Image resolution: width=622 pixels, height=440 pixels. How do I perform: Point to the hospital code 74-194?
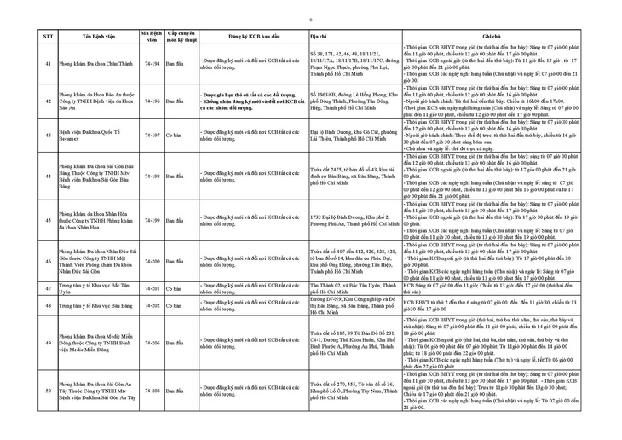pyautogui.click(x=153, y=64)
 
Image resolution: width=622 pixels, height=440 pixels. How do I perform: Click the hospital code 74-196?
pyautogui.click(x=153, y=101)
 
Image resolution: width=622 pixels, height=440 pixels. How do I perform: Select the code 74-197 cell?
pyautogui.click(x=153, y=135)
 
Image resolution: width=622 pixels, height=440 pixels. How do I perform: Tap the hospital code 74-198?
pyautogui.click(x=153, y=176)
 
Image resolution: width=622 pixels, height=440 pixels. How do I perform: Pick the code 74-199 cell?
pyautogui.click(x=153, y=220)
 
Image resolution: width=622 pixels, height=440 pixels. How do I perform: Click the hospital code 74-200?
pyautogui.click(x=153, y=261)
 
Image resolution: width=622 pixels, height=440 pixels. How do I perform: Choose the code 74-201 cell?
pyautogui.click(x=153, y=290)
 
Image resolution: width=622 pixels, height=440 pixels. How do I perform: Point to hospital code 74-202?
pyautogui.click(x=153, y=304)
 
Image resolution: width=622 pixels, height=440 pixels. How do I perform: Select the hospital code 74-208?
pyautogui.click(x=153, y=391)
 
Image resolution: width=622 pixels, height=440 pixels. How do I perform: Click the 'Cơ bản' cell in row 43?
pyautogui.click(x=173, y=135)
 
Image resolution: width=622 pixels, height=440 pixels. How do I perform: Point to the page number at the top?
pyautogui.click(x=310, y=18)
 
